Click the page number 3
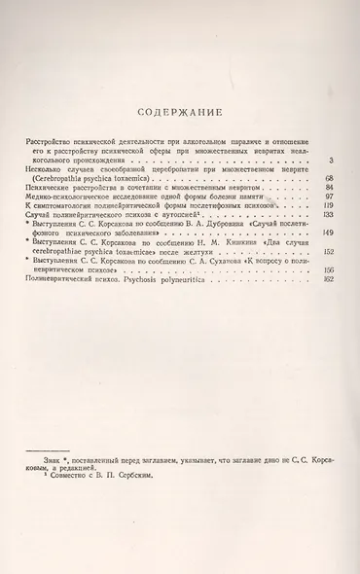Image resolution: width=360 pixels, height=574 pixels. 332,160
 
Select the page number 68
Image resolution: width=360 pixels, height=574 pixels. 330,179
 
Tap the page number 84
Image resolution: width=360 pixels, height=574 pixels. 330,188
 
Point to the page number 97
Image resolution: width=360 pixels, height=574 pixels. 330,197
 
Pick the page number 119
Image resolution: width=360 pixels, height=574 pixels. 328,206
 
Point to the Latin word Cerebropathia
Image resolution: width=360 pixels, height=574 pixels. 59,179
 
